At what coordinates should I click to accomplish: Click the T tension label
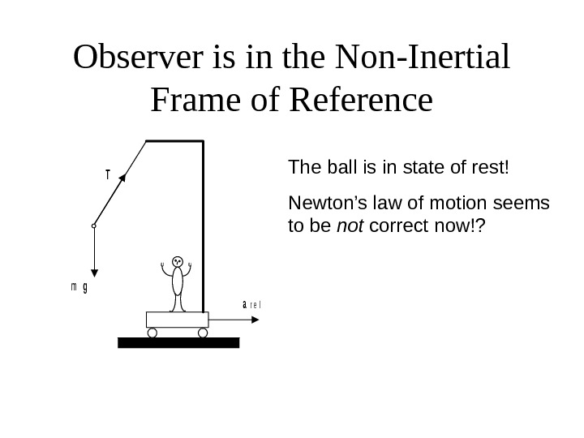tap(106, 174)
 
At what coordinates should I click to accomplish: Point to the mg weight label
tap(79, 286)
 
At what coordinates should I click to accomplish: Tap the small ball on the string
tap(94, 226)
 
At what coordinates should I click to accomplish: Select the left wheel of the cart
tap(152, 333)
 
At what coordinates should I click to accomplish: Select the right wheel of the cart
tap(203, 333)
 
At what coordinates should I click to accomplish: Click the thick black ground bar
tap(178, 342)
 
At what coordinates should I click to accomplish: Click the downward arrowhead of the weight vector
tap(94, 274)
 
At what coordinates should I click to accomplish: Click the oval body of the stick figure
tap(177, 282)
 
